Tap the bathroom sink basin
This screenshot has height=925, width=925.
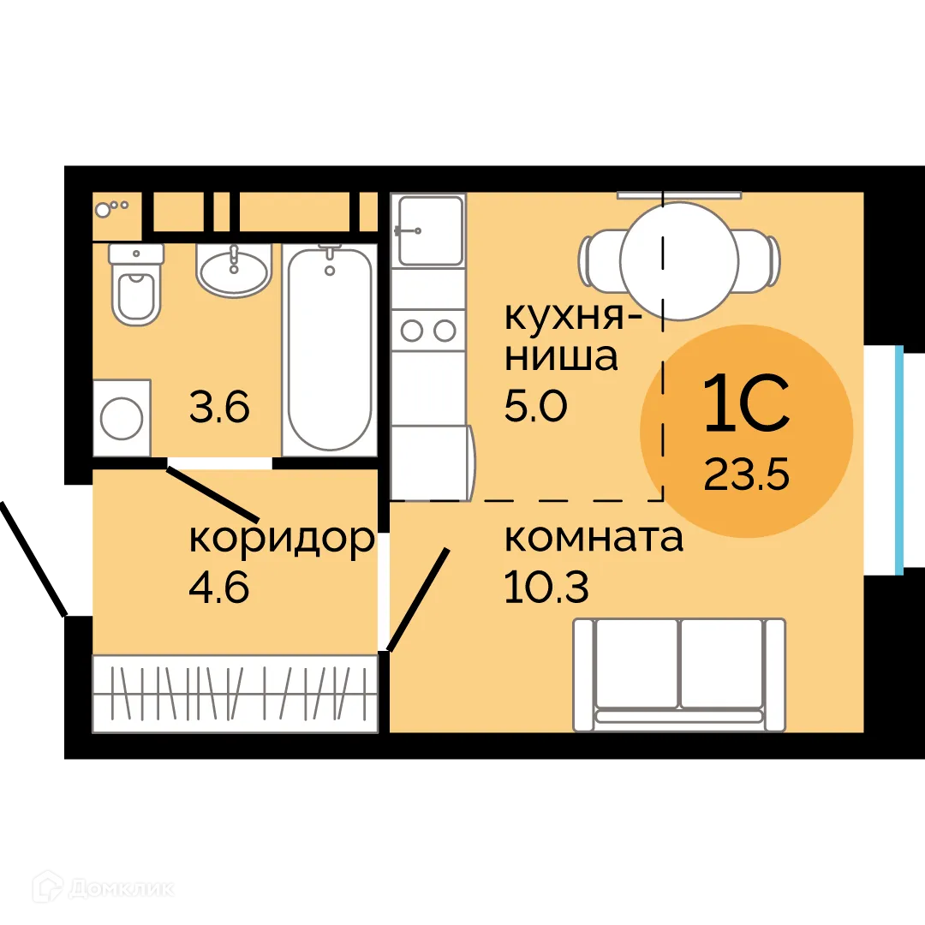[234, 271]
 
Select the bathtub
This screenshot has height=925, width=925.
[330, 349]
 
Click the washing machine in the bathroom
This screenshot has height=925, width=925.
[122, 418]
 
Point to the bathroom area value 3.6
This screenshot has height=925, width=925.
[219, 408]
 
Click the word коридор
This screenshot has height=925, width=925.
[282, 540]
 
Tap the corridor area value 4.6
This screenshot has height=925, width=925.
[219, 589]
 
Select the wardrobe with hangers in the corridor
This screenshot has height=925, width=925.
[235, 693]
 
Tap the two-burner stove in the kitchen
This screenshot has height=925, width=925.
[428, 329]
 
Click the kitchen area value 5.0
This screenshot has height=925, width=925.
[536, 407]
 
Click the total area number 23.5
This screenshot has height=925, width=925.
[745, 474]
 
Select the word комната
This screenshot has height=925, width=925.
[594, 540]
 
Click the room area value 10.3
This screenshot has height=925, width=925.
[546, 589]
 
